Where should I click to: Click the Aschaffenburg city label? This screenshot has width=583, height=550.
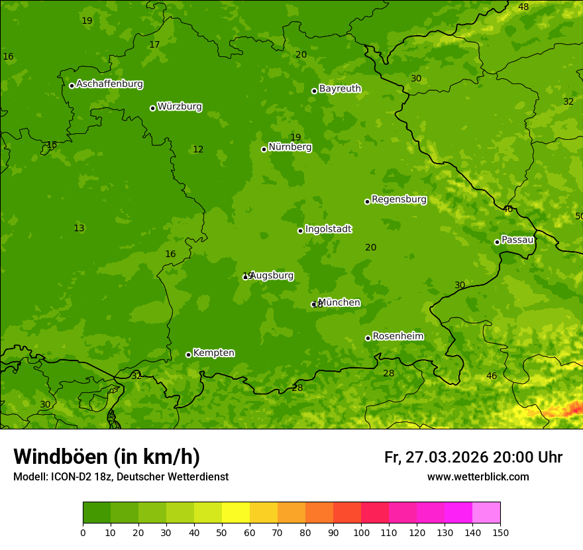[x=109, y=84]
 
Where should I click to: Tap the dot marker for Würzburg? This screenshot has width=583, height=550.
[x=152, y=108]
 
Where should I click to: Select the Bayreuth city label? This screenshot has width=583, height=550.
[x=340, y=88]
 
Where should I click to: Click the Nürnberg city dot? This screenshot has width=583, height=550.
[x=264, y=149]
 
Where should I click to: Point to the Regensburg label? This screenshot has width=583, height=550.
[x=399, y=199]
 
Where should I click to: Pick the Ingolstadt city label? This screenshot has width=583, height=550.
[x=328, y=229]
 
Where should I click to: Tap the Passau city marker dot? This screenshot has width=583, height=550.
[x=497, y=242]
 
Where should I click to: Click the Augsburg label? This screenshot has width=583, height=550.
[x=272, y=275]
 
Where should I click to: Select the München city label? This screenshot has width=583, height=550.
[x=339, y=302]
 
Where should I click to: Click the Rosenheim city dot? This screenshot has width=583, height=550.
[x=368, y=338]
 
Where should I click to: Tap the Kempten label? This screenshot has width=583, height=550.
[x=213, y=353]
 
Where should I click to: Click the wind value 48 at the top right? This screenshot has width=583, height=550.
[x=523, y=7]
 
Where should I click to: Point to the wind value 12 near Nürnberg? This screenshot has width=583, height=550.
[x=198, y=149]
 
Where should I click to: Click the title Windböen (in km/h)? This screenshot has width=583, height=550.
[x=106, y=457]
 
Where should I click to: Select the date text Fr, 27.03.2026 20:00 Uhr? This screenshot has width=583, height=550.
[x=473, y=457]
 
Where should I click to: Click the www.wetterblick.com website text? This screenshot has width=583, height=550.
[x=478, y=476]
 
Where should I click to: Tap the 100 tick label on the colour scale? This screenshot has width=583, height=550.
[x=361, y=532]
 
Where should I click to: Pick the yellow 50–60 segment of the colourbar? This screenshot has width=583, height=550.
[x=236, y=513]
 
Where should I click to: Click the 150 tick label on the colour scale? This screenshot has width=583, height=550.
[x=500, y=532]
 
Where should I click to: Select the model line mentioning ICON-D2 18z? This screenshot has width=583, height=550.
[x=121, y=476]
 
